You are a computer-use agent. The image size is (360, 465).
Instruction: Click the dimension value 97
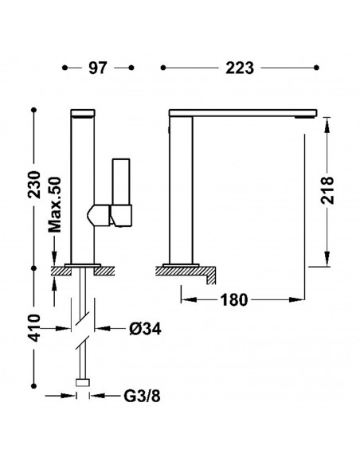click(x=97, y=68)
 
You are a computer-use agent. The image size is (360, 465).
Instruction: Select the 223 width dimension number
click(x=240, y=68)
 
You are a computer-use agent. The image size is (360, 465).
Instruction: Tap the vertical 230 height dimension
click(x=35, y=185)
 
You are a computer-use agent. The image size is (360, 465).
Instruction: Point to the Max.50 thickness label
click(x=55, y=205)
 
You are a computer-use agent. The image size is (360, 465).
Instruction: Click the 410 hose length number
click(x=35, y=328)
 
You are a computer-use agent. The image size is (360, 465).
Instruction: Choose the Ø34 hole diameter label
click(x=145, y=329)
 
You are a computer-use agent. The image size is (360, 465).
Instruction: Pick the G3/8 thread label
click(x=142, y=396)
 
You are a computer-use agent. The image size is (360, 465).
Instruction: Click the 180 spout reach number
click(x=234, y=300)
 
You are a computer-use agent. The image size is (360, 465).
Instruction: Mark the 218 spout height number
click(x=327, y=190)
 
